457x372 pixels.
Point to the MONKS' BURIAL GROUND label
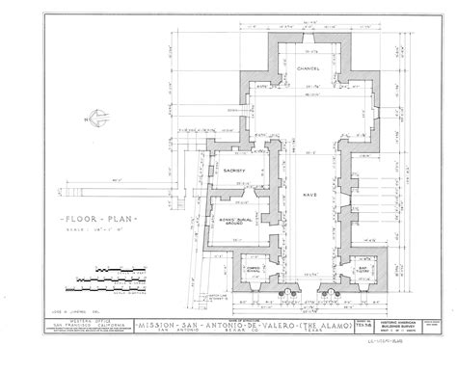(x=237, y=208)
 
